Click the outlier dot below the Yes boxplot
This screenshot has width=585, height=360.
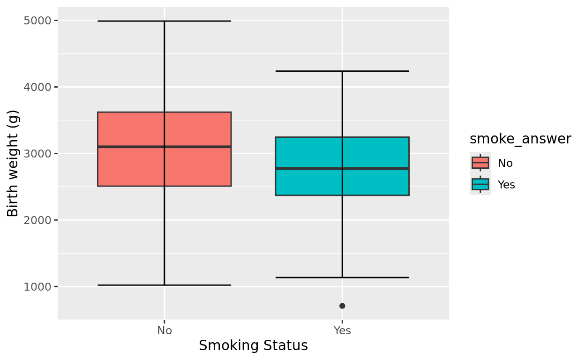[x=342, y=306]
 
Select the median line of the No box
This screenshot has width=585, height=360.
[x=131, y=147]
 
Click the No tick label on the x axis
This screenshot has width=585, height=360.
[x=165, y=330]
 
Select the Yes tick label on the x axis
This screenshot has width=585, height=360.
[x=342, y=330]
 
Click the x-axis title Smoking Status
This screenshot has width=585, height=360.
[x=253, y=346]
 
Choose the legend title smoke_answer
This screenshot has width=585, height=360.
[x=520, y=139]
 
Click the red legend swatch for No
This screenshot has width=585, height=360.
[x=480, y=163]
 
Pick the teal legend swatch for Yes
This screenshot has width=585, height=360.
[x=480, y=184]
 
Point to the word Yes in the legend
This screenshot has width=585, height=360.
[x=506, y=185]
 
